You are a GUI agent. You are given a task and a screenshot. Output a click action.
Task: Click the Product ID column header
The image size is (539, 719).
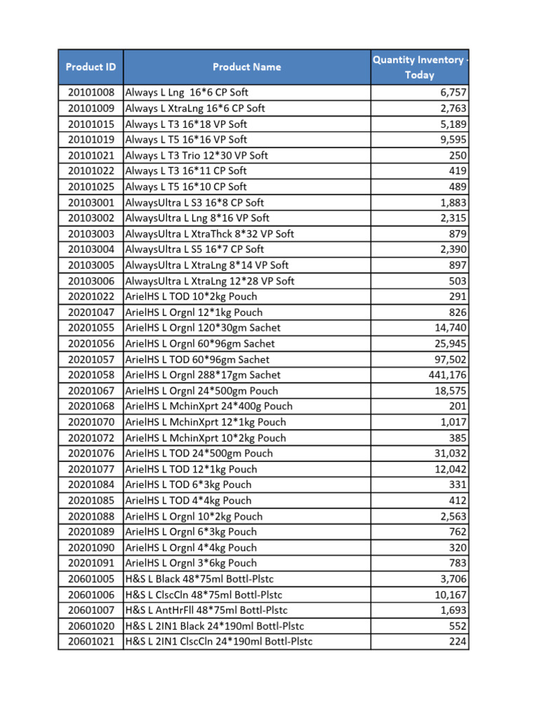(91, 67)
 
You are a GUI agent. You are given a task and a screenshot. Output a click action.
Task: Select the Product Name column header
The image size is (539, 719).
(246, 67)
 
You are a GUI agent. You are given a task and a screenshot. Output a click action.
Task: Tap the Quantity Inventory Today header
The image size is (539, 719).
(419, 67)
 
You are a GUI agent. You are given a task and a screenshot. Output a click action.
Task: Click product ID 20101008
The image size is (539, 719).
(91, 93)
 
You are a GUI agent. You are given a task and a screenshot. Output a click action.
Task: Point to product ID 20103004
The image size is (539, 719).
(91, 249)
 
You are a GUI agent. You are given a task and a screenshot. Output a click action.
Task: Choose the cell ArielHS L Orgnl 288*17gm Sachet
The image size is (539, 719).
(203, 375)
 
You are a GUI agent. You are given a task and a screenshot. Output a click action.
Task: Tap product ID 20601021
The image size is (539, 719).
(91, 641)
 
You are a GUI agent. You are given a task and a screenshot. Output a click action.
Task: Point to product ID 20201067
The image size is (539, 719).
(91, 390)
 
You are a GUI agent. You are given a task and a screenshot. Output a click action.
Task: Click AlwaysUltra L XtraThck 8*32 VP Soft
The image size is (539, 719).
(209, 234)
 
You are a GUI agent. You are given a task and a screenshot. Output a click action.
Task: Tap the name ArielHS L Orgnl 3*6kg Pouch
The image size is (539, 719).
(191, 563)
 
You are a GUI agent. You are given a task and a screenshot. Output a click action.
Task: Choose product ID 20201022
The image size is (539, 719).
(91, 296)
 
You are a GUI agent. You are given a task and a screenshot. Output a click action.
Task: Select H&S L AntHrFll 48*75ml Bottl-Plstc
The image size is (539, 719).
(206, 610)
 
